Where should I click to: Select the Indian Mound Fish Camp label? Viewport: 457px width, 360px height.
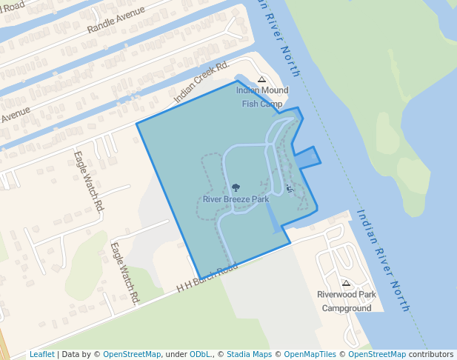coord(261,97)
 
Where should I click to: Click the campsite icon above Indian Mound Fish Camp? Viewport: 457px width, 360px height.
coord(261,79)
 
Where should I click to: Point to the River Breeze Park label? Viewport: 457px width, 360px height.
coord(236,199)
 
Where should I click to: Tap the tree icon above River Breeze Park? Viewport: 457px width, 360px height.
coord(236,188)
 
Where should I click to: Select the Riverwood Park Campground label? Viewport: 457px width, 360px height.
coord(346,301)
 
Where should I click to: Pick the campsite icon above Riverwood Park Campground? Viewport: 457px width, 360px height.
coord(346,283)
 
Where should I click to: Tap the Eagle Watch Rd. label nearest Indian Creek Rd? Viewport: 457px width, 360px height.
coord(87,182)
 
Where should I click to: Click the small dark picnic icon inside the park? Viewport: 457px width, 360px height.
coord(289,188)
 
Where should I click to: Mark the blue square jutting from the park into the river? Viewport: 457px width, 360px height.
coord(307,157)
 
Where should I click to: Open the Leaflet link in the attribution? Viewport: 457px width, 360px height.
coord(41,354)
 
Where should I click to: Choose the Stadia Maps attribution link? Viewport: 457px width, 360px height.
coord(248,354)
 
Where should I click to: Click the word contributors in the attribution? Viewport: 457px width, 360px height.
coord(431,354)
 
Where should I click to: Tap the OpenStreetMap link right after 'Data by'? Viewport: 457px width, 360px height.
coord(131,354)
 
